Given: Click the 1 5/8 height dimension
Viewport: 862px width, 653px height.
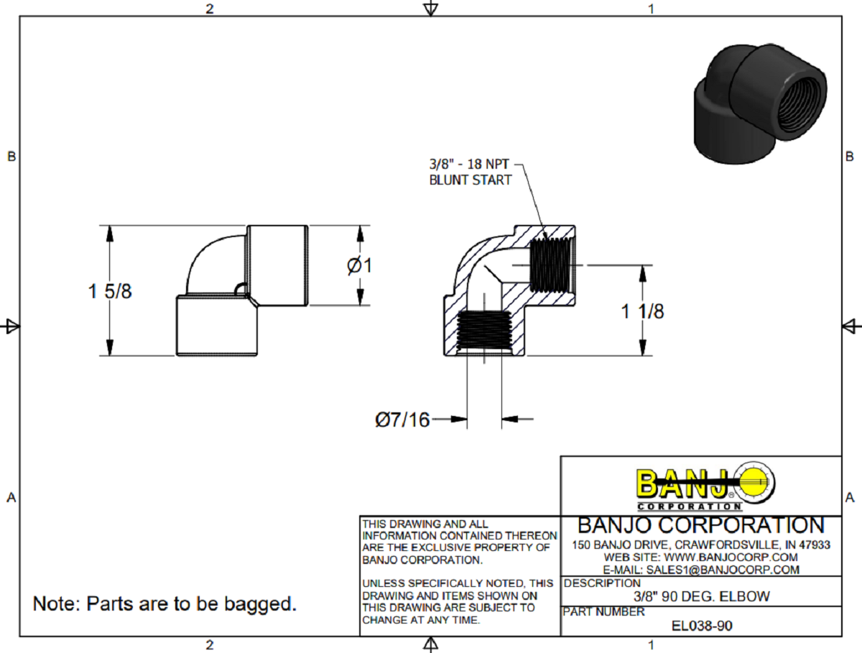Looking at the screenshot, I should [110, 292].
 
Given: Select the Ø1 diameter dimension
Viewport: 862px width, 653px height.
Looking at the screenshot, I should [359, 265].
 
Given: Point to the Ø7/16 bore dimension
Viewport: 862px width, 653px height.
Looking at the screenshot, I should [402, 419].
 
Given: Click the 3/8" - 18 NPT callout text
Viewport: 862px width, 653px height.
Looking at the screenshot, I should [468, 165].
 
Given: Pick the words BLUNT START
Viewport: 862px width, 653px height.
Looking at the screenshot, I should [470, 180].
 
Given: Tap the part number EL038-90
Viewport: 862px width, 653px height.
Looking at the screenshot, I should [701, 625].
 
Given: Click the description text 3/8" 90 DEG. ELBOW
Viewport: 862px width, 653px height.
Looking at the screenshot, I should [701, 596].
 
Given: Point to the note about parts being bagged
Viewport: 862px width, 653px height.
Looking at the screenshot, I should [164, 603].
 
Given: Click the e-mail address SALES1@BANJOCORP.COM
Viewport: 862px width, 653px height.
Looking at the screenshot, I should [701, 570].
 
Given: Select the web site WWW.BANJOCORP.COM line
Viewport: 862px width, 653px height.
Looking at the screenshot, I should [701, 557].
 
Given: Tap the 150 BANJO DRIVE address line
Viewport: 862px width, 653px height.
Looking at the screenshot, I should [701, 545].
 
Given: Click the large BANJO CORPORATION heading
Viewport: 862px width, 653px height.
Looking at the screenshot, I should [701, 525].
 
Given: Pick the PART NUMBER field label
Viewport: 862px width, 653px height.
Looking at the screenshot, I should [604, 612].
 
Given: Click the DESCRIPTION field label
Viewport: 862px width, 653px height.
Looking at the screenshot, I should [602, 583].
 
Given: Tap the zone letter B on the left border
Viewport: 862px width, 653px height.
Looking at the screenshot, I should [11, 157].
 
